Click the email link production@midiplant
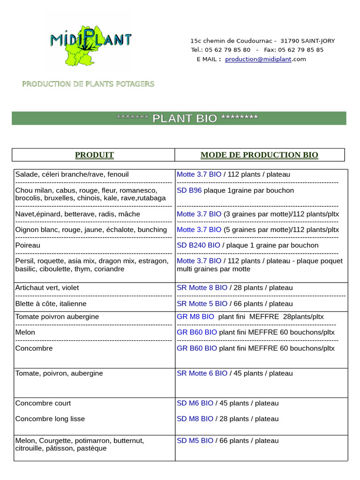click(258, 59)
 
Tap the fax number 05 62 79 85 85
click(300, 50)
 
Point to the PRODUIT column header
click(94, 155)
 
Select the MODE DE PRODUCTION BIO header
click(259, 155)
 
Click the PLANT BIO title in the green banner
click(185, 118)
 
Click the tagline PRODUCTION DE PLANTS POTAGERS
click(88, 84)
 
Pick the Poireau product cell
click(28, 245)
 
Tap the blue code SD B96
click(189, 190)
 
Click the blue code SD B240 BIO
click(198, 245)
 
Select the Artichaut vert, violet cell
click(47, 288)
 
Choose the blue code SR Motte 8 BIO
click(202, 288)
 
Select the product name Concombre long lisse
click(50, 419)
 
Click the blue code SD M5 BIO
click(195, 441)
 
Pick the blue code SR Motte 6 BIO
click(202, 373)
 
